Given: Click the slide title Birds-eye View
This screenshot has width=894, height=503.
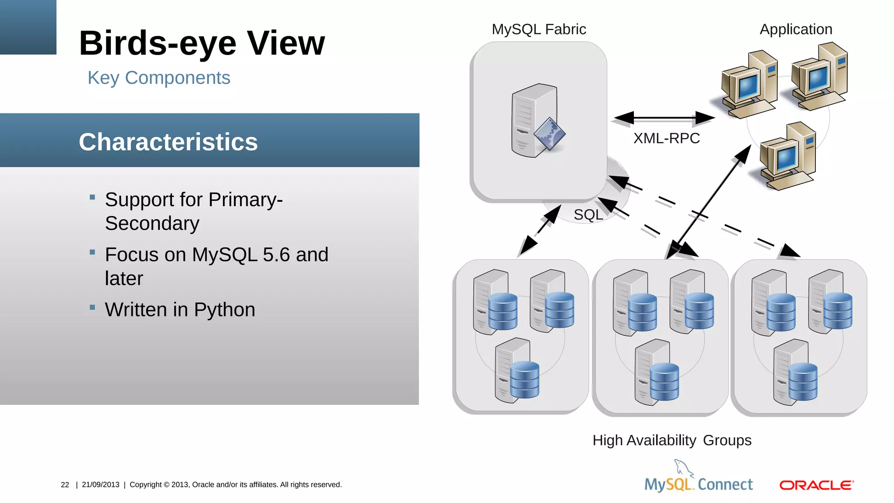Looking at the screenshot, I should pos(202,43).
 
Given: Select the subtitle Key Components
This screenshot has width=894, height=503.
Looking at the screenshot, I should pos(159,78).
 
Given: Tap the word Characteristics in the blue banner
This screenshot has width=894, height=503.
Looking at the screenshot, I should pos(168,142).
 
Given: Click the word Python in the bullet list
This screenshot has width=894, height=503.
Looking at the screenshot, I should pos(224,310).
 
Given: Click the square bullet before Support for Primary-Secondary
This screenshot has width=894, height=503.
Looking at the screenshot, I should pos(92,197).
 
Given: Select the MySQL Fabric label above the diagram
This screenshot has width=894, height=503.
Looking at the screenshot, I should pos(539,29).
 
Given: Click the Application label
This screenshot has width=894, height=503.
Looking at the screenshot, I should pos(796,29).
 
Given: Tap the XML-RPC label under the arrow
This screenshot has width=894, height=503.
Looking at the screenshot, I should pos(666,138).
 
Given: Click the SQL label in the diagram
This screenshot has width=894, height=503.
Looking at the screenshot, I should pos(588,215).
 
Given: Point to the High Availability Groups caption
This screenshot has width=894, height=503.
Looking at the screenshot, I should pos(672,440).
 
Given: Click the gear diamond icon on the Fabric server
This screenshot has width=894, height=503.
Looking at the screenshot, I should pos(549,134).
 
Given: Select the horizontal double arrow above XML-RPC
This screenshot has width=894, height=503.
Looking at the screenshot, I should pos(664,117).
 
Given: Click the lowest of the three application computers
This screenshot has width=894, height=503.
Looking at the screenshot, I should pos(786,157).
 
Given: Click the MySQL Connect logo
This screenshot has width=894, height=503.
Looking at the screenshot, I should pos(698,478).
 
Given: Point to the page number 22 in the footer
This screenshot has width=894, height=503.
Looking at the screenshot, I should pos(65,485).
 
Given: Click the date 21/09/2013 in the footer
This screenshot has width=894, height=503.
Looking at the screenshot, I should pos(100,485).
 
